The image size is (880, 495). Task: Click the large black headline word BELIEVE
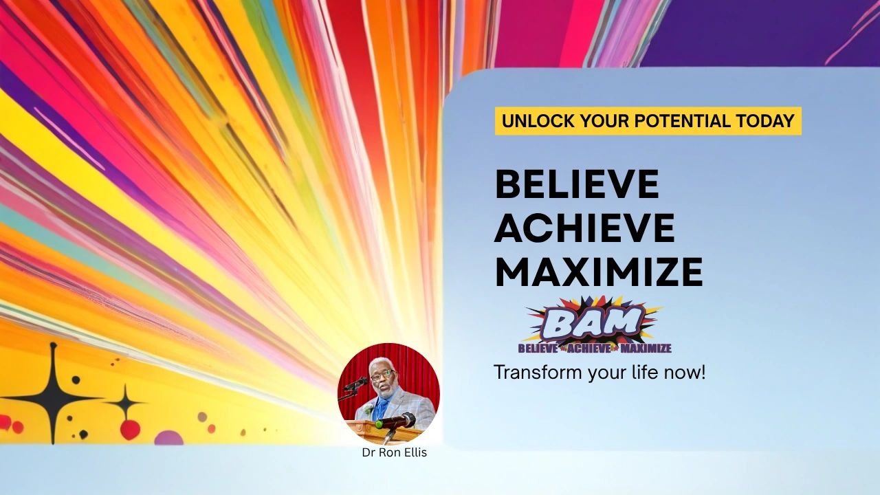[576, 184]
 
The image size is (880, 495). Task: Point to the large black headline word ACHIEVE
[584, 228]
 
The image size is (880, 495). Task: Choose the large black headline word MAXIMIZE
[598, 272]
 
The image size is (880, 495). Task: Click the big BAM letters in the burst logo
[593, 322]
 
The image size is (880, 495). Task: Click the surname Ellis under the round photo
[412, 453]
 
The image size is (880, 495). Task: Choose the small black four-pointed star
[124, 402]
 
